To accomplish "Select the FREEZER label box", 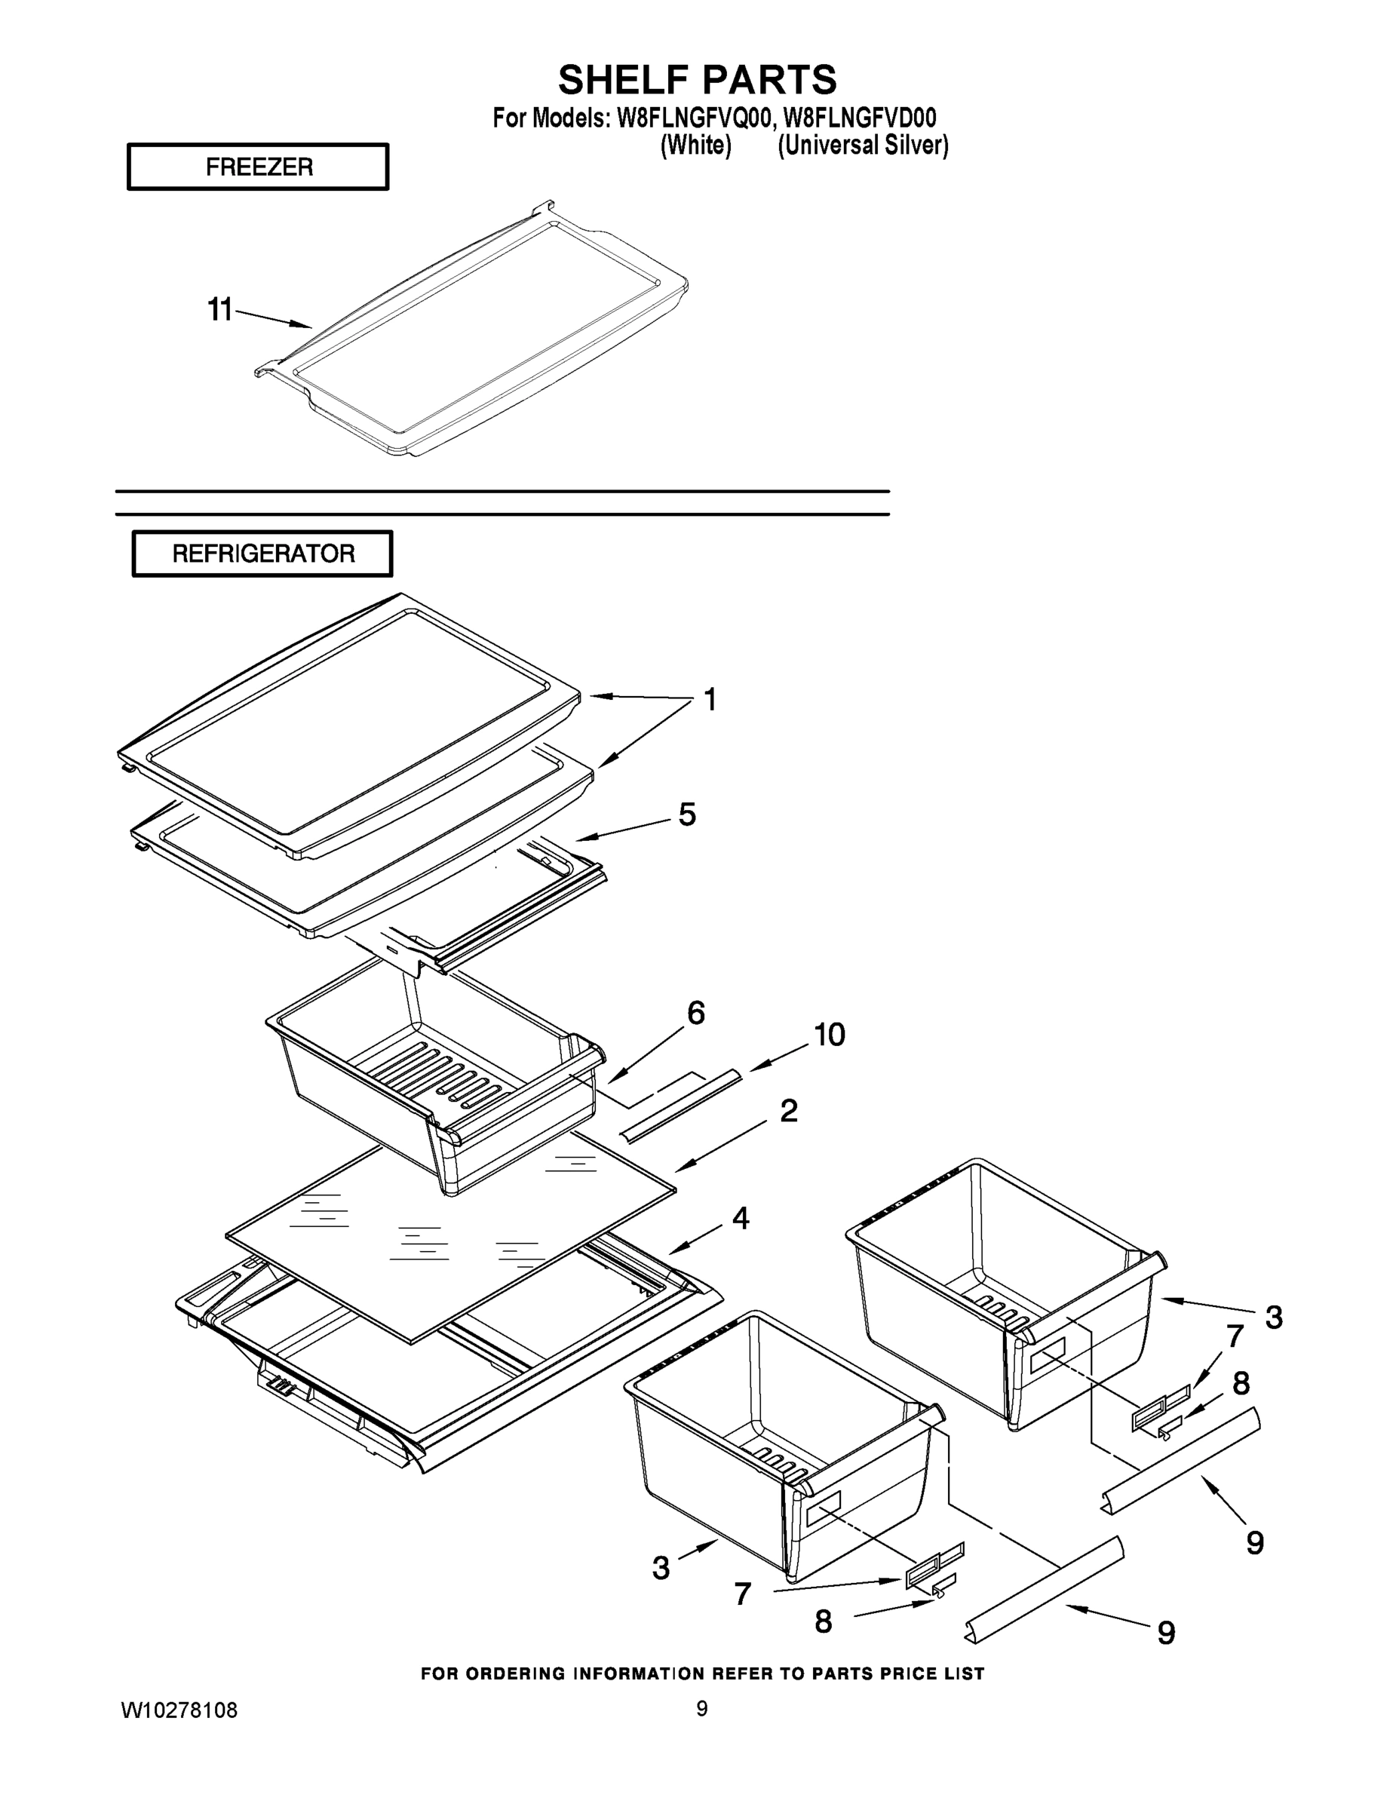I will (x=258, y=167).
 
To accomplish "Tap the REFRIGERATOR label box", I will (x=262, y=554).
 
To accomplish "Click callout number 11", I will (x=219, y=310).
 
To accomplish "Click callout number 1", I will (x=710, y=701).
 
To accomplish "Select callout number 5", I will (x=687, y=814).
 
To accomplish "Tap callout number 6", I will (x=695, y=1013).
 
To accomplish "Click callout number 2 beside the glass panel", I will (x=788, y=1111).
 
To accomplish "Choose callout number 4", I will (x=740, y=1217).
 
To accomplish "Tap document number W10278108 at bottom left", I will (x=179, y=1710).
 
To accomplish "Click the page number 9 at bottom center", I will (x=701, y=1709).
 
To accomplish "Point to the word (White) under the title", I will (x=695, y=146).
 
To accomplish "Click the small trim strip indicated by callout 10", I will (x=681, y=1106).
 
